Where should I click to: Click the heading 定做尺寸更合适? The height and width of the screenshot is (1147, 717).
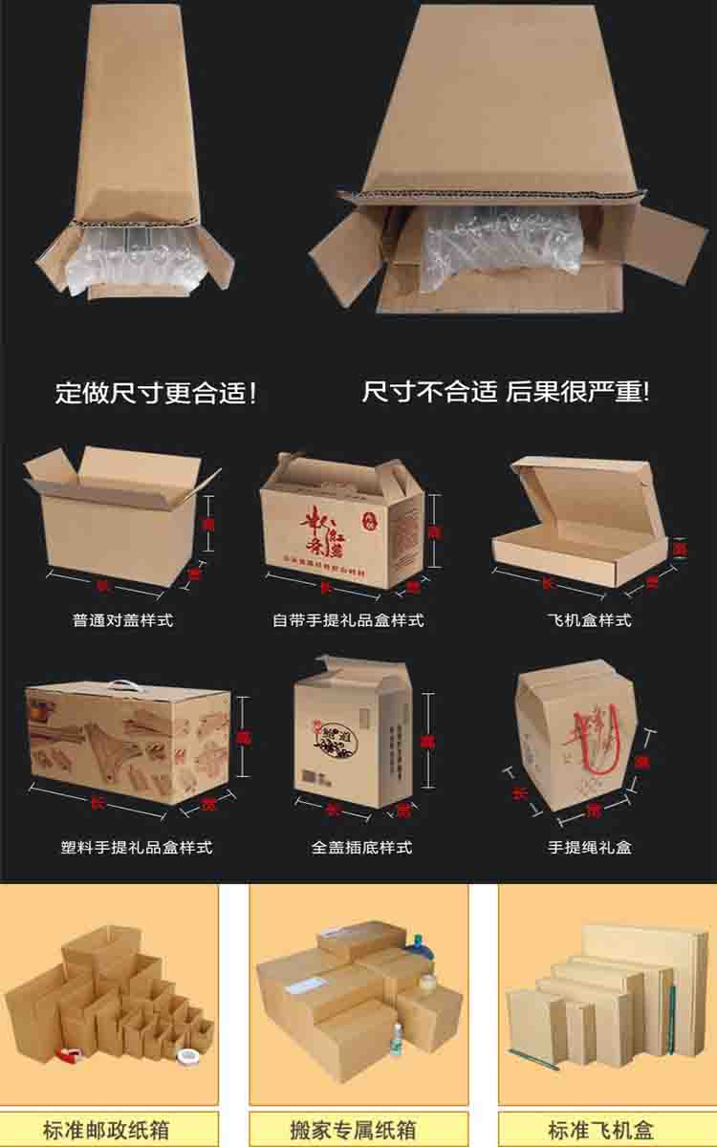[x=156, y=393]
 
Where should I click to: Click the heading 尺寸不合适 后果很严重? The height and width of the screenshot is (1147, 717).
[x=505, y=391]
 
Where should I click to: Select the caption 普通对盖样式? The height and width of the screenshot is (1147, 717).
[x=123, y=620]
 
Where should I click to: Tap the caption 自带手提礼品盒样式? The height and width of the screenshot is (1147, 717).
[x=347, y=620]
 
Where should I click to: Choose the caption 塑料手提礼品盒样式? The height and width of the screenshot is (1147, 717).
[x=136, y=847]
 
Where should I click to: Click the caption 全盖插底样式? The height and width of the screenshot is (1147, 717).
[x=361, y=847]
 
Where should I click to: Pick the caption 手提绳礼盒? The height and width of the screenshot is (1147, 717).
[x=589, y=847]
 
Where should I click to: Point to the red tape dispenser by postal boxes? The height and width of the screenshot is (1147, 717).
[x=70, y=1054]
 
